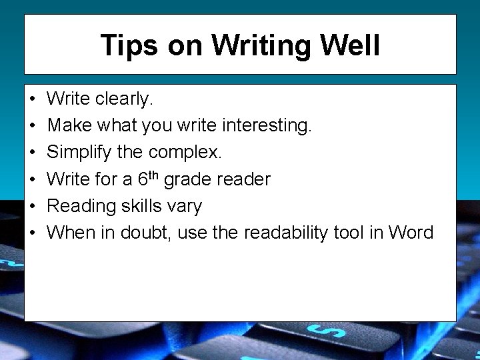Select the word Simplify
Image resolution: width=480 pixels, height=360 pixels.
[79, 153]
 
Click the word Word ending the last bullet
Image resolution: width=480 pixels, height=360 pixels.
[411, 233]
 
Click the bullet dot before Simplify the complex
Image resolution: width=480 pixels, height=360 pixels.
[32, 153]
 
